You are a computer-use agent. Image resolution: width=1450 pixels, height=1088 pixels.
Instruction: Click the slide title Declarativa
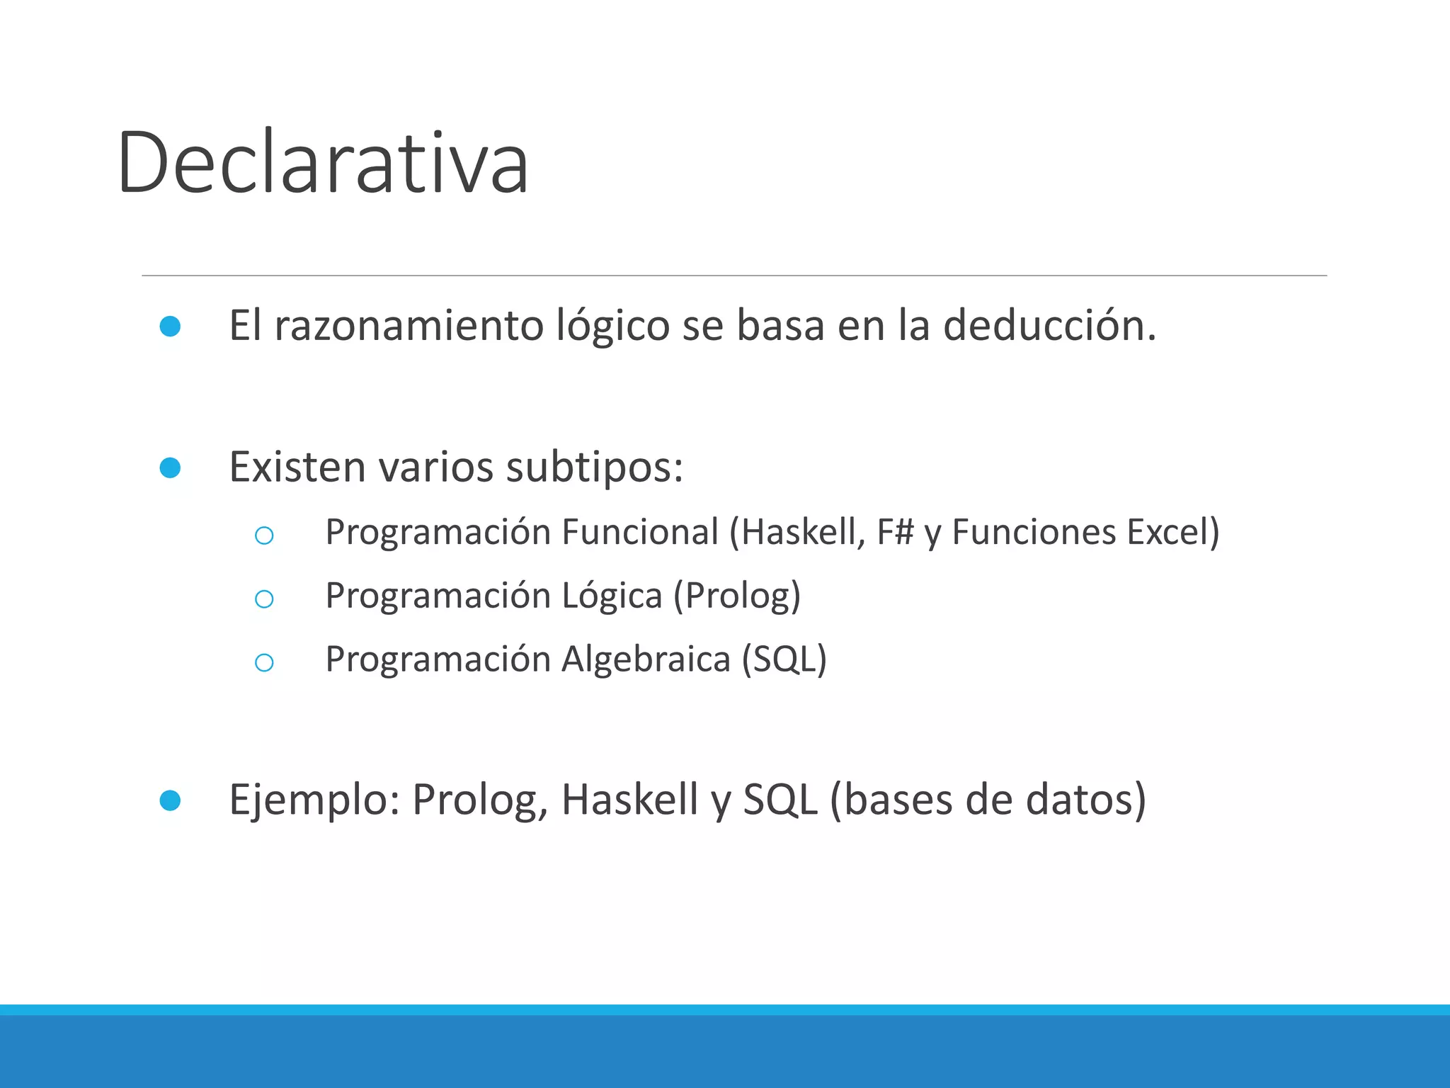click(x=323, y=163)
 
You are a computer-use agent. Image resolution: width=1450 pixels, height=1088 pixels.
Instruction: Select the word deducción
click(x=1048, y=326)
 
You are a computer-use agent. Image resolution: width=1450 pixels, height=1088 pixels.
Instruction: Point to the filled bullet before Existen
click(x=170, y=467)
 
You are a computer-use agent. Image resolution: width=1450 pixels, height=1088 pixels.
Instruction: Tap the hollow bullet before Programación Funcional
click(x=264, y=535)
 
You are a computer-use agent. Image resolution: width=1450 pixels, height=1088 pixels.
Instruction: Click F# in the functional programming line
click(x=895, y=532)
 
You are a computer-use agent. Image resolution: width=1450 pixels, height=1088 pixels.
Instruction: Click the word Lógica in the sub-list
click(x=612, y=596)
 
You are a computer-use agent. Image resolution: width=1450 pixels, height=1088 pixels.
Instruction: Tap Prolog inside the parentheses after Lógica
click(x=736, y=596)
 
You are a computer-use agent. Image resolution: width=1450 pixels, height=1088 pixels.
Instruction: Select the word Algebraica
click(x=646, y=659)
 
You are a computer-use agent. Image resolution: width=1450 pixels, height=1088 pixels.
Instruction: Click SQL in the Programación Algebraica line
click(x=784, y=659)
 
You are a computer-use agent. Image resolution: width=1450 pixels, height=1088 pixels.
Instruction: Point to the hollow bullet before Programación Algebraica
click(x=264, y=663)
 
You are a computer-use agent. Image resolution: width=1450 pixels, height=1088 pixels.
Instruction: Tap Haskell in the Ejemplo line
click(x=630, y=800)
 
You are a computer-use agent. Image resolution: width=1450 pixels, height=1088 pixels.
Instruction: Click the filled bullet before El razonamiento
click(x=170, y=327)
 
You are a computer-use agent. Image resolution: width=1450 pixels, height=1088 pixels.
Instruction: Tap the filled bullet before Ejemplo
click(x=170, y=800)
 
